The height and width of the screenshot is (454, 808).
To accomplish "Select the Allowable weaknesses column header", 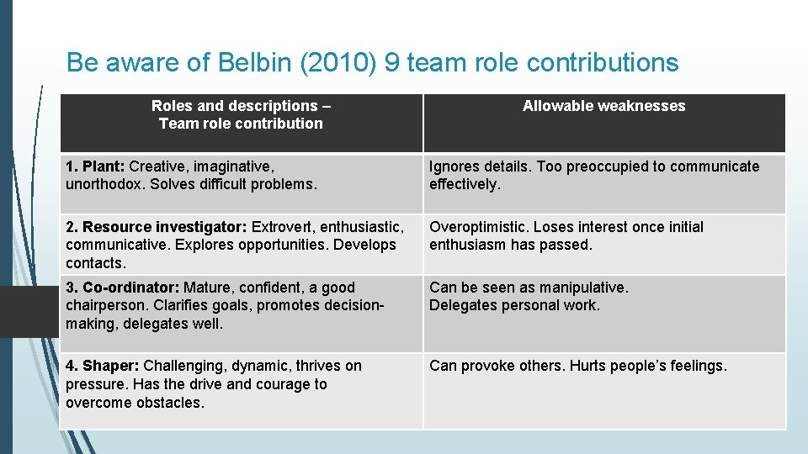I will [x=603, y=106].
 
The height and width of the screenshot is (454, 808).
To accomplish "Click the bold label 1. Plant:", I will [x=95, y=166].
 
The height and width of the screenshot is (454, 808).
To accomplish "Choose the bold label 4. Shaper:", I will [x=103, y=366].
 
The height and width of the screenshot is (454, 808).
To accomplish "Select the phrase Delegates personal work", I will [x=514, y=305].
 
